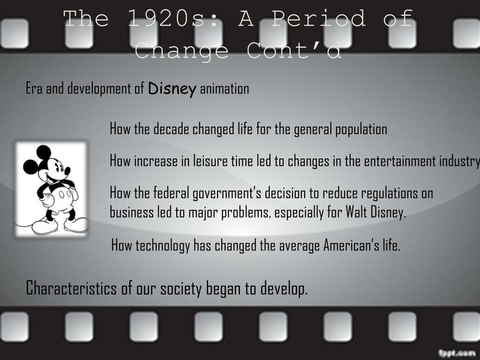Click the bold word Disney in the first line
(172, 89)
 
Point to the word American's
(352, 245)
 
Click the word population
(361, 129)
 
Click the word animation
(225, 89)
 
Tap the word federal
(169, 193)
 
